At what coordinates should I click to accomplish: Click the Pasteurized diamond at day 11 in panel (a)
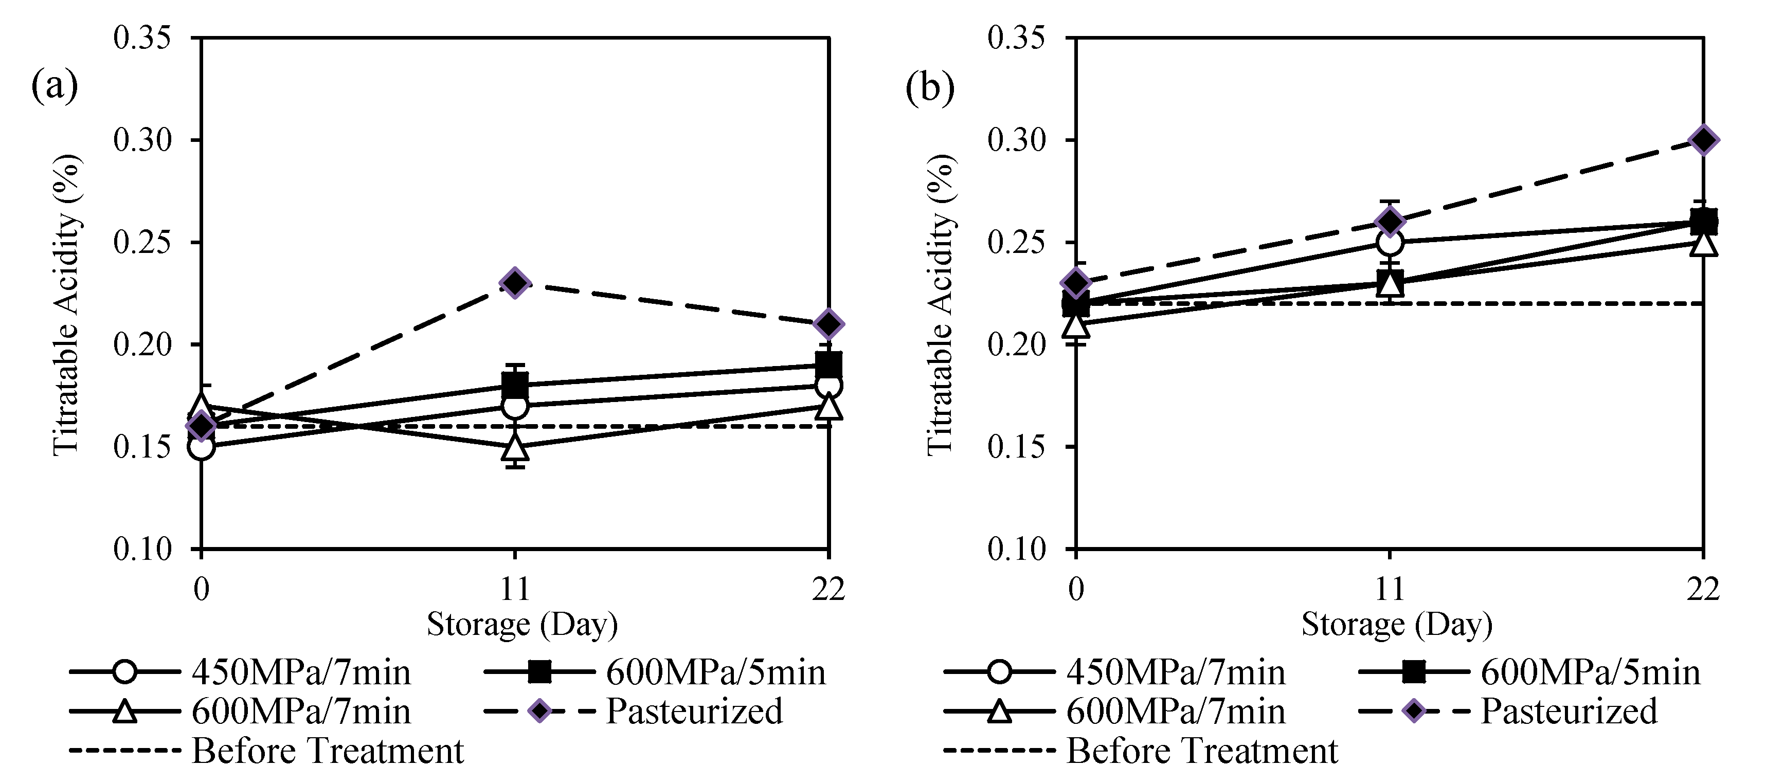pyautogui.click(x=515, y=282)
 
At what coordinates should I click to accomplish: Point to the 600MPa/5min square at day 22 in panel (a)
pyautogui.click(x=828, y=364)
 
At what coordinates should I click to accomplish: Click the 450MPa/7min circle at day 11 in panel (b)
pyautogui.click(x=1390, y=242)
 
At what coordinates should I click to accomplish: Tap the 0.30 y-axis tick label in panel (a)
pyautogui.click(x=142, y=140)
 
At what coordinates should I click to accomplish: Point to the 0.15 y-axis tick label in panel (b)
pyautogui.click(x=1016, y=447)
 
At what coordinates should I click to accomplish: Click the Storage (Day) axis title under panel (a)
pyautogui.click(x=522, y=624)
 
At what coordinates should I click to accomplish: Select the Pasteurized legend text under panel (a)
pyautogui.click(x=694, y=710)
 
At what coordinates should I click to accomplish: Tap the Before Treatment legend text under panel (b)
pyautogui.click(x=1202, y=751)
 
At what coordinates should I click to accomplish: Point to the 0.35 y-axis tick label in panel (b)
pyautogui.click(x=1016, y=38)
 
